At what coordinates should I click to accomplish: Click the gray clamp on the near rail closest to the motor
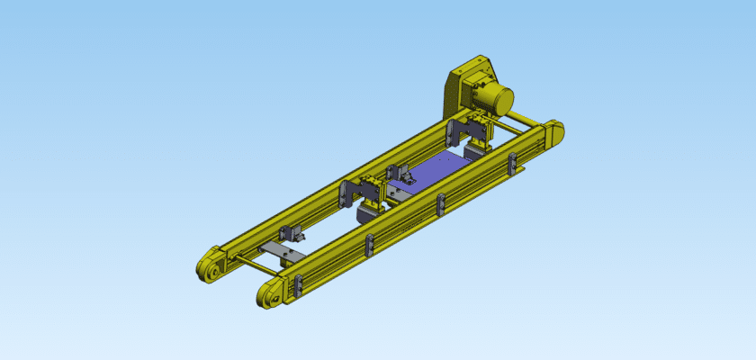pos(512,165)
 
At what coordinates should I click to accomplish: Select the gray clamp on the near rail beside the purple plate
pos(440,204)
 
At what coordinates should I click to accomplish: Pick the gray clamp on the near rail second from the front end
pos(370,245)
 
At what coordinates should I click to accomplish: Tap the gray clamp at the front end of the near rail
pos(294,287)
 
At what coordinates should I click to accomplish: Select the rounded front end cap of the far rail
pos(209,266)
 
